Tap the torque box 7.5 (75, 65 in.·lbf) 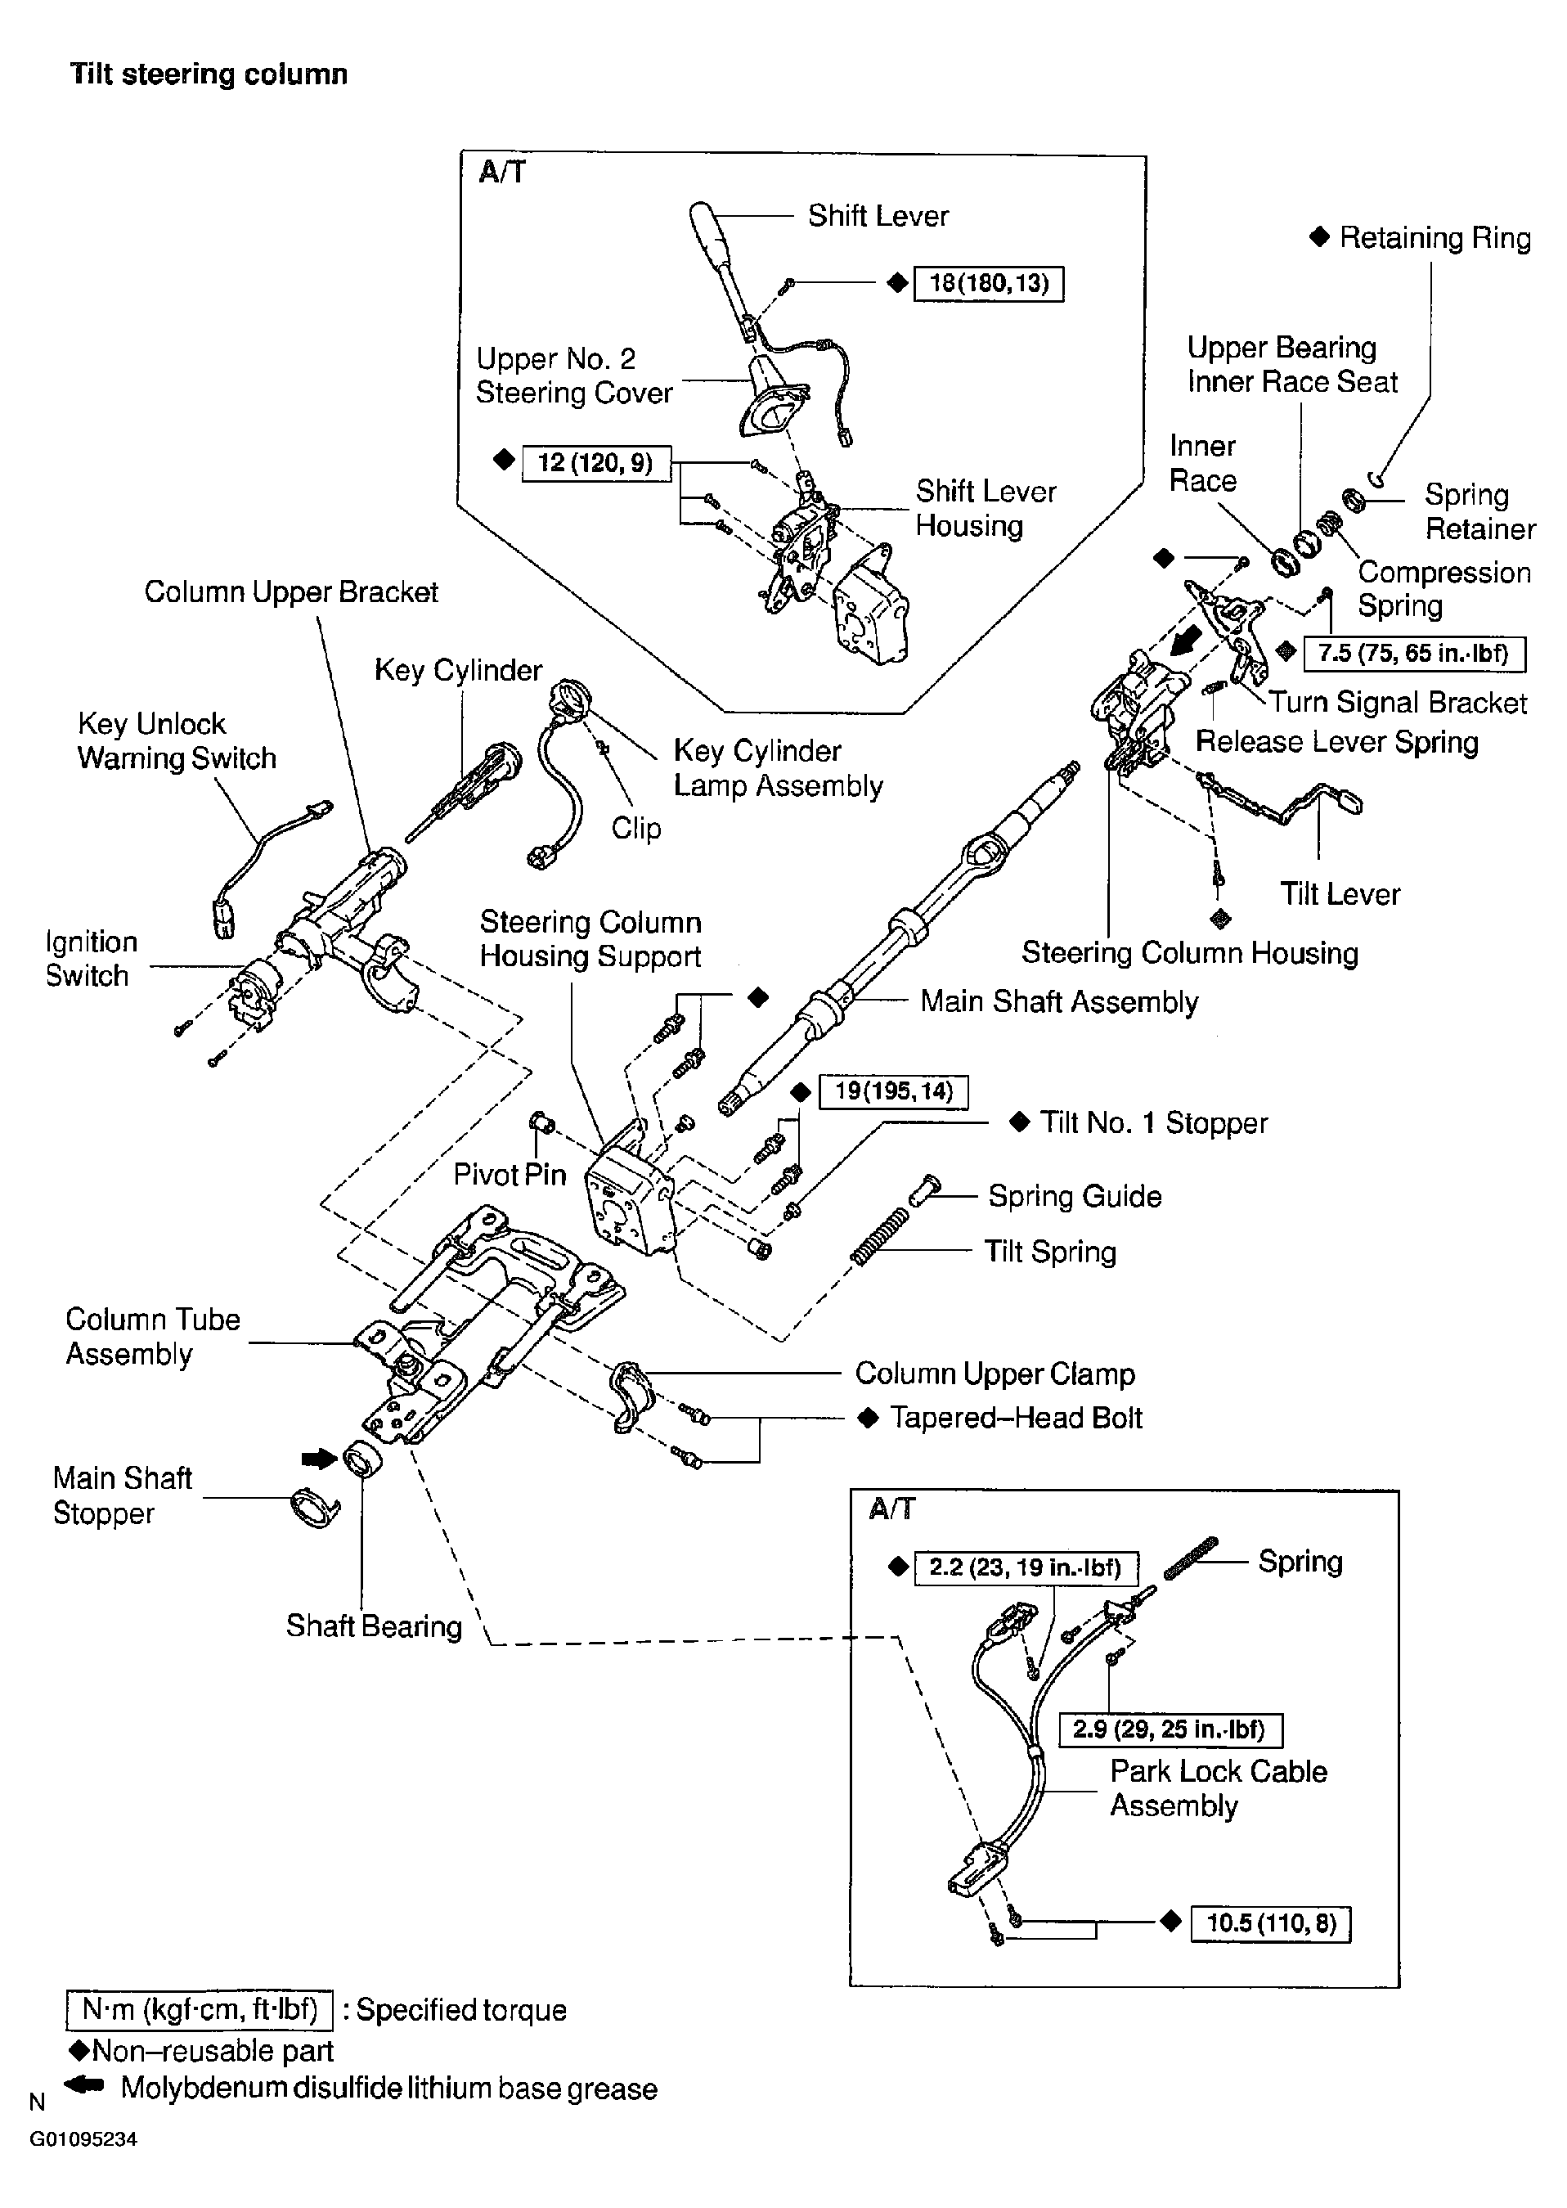tap(1412, 654)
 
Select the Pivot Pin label tap(510, 1175)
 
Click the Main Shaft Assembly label tap(1058, 1001)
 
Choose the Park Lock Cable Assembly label tap(1218, 1788)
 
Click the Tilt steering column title tap(209, 74)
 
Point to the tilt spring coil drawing tap(879, 1236)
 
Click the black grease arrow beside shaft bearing tap(317, 1459)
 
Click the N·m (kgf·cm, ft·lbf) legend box tap(200, 2009)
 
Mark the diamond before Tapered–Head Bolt tap(869, 1418)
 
